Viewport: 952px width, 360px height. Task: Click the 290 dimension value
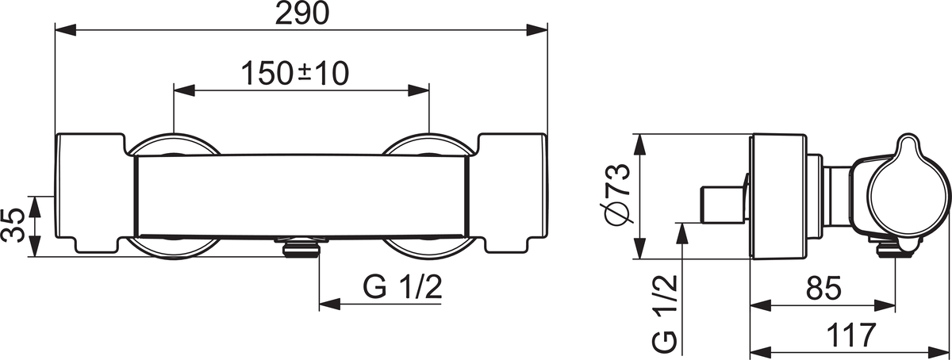(x=302, y=13)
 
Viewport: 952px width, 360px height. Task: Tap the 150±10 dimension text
(x=295, y=74)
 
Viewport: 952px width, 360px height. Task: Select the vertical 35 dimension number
(x=13, y=225)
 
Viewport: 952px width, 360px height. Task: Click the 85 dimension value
(x=823, y=288)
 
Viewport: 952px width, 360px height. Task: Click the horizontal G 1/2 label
(x=402, y=287)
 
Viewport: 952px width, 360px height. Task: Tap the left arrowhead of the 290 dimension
(x=66, y=30)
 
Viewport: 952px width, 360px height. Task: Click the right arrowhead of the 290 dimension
(x=537, y=30)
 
